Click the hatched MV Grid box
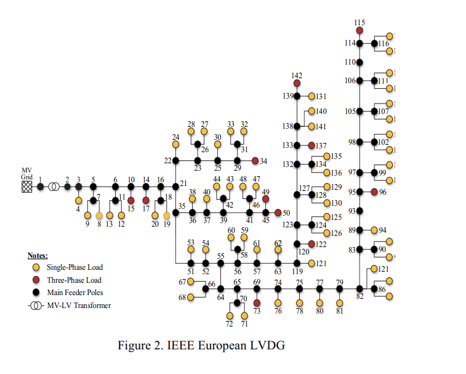point(27,186)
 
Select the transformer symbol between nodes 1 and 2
point(54,186)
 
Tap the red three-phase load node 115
point(360,30)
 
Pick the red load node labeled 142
point(297,83)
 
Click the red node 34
point(255,161)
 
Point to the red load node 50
point(278,213)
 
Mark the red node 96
point(374,192)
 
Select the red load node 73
point(257,303)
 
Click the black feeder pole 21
point(175,186)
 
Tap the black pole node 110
point(360,62)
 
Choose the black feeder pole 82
point(360,288)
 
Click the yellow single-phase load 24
point(175,145)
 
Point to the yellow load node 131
point(311,96)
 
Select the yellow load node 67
point(191,282)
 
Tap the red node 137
point(311,145)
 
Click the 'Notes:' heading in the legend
point(38,255)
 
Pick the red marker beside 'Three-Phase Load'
point(36,279)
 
